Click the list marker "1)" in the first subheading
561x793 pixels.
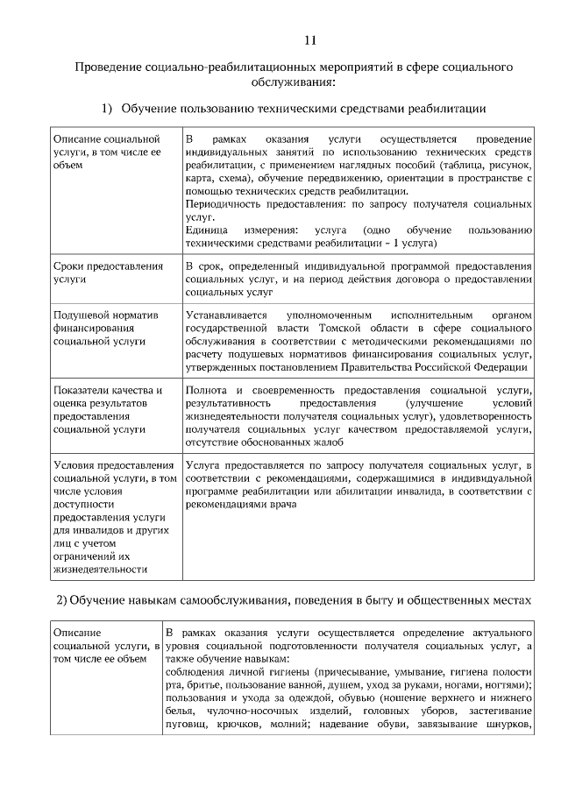[x=107, y=108]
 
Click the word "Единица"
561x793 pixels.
[x=208, y=230]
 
